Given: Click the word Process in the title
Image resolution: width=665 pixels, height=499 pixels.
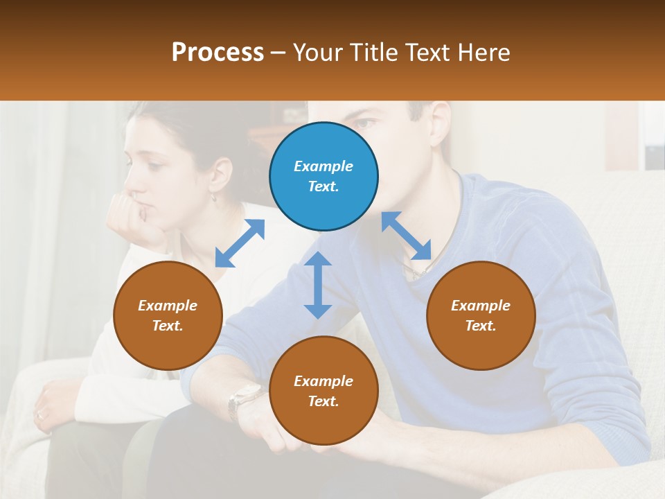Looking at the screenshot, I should [218, 53].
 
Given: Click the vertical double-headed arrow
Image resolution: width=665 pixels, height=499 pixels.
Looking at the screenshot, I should [318, 285].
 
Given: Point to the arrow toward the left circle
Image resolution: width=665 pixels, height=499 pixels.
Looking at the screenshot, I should [240, 243].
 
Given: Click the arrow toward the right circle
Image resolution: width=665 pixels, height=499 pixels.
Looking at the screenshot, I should [406, 236].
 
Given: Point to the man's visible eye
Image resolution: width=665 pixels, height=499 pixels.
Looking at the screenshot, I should [368, 124].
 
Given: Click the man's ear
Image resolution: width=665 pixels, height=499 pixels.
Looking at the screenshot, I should [441, 122].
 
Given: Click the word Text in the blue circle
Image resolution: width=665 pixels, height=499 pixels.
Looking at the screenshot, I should [323, 186].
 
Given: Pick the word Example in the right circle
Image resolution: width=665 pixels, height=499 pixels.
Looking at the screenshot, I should [481, 306].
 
